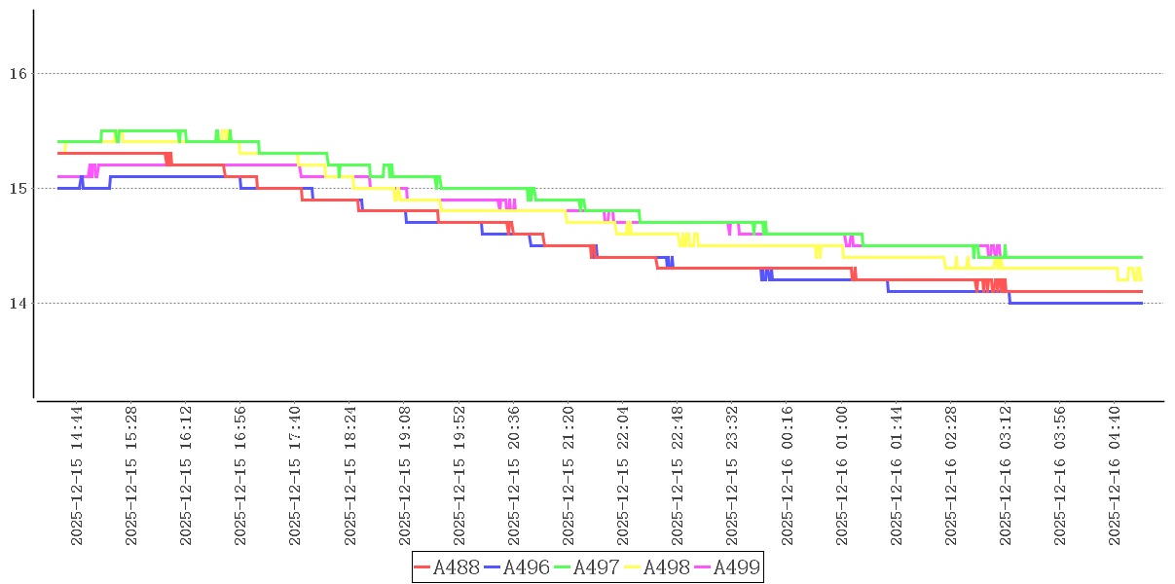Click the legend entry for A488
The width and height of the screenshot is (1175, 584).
(x=447, y=567)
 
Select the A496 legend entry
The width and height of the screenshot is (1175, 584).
(x=517, y=567)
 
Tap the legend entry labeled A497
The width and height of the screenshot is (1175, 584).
(x=587, y=567)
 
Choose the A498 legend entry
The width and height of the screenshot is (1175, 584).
(x=657, y=567)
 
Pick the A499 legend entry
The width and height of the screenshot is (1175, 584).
(x=727, y=567)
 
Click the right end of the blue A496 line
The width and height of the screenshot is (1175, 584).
(x=1141, y=303)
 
